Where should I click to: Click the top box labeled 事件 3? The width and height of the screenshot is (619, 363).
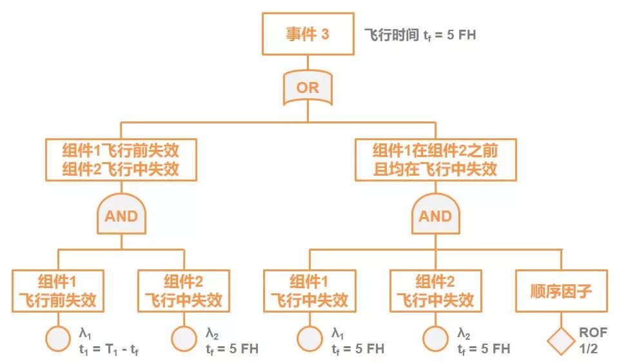[x=308, y=34]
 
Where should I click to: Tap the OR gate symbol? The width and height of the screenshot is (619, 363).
[x=308, y=88]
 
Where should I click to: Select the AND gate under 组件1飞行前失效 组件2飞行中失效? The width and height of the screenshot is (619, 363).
[x=121, y=214]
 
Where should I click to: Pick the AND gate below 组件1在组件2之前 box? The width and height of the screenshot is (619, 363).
[x=435, y=214]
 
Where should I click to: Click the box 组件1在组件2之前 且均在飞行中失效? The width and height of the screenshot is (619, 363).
[x=435, y=160]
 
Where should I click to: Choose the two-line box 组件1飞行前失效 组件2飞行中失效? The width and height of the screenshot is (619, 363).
[x=121, y=160]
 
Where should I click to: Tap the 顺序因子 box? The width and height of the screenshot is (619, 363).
[x=561, y=291]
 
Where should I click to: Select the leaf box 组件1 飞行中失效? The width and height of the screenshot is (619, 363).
[x=309, y=291]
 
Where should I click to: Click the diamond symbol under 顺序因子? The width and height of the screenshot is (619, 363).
[x=561, y=340]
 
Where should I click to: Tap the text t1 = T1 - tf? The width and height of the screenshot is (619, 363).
[x=110, y=349]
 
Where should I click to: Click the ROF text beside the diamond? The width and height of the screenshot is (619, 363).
[x=592, y=333]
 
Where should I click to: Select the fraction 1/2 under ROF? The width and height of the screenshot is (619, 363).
[x=588, y=348]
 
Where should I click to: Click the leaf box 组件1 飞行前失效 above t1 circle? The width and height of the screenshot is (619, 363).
[x=59, y=291]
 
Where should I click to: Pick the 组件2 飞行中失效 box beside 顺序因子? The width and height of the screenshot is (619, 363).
[x=435, y=291]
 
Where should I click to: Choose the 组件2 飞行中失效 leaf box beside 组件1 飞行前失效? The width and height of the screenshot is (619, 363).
[x=184, y=291]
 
